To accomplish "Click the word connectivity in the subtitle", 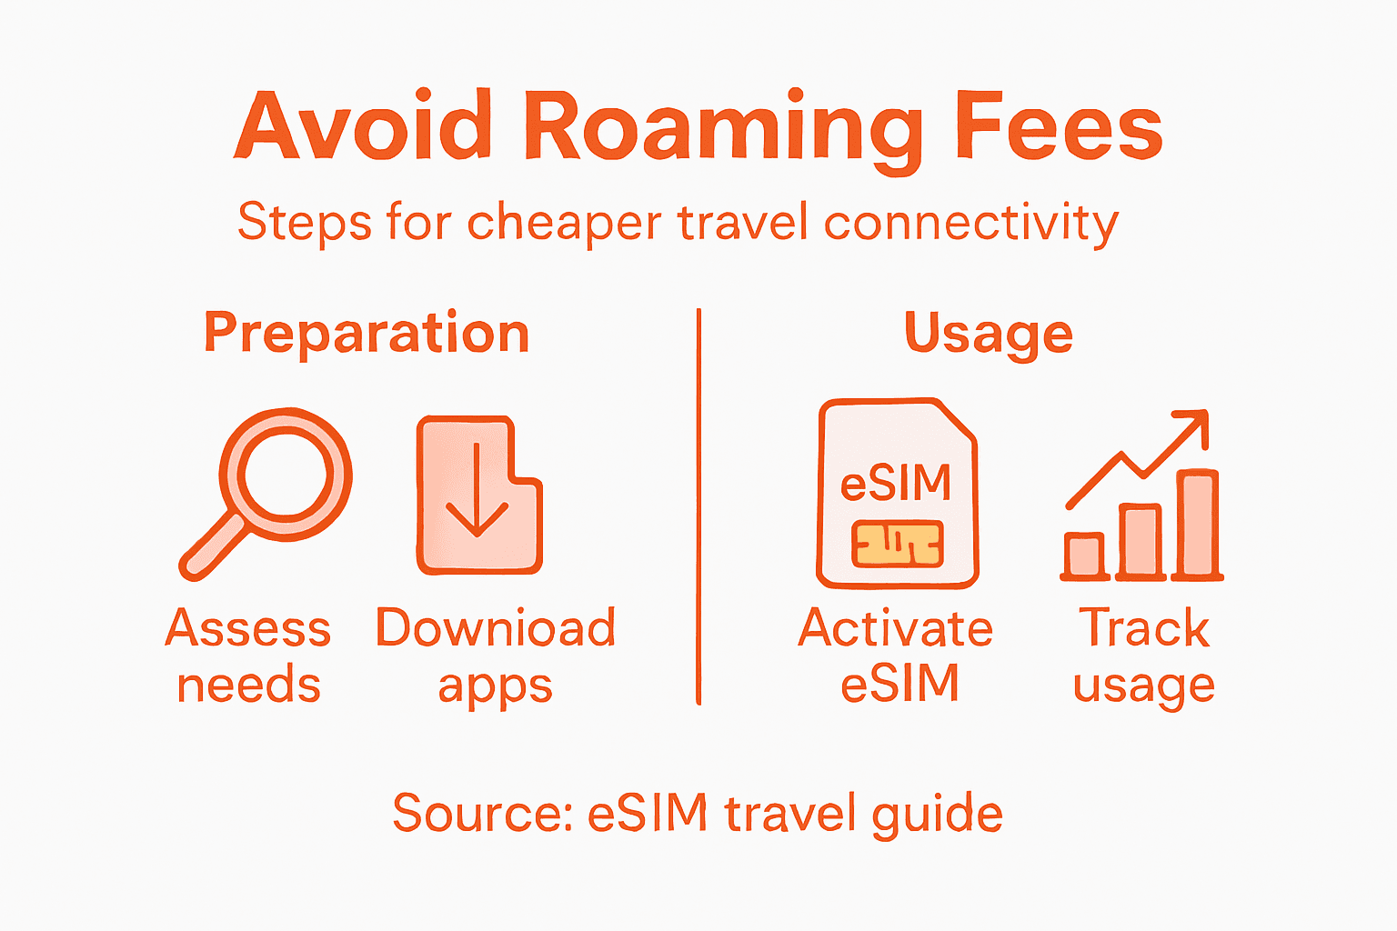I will [970, 223].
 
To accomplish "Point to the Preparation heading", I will [367, 334].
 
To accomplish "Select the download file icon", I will [478, 496].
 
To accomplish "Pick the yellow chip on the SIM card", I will [897, 543].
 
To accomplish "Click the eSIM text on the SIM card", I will [896, 483].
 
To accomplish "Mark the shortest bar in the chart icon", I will [1085, 555].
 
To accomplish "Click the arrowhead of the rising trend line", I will [1196, 425].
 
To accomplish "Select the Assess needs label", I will [248, 656].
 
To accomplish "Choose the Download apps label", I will [496, 656].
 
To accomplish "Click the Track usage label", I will [1144, 656].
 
